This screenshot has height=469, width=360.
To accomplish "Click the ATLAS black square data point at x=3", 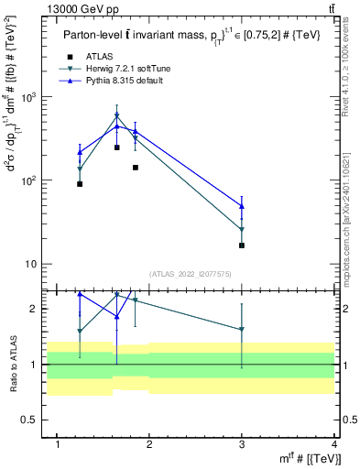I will [242, 245].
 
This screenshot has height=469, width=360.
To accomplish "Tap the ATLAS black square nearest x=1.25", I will [80, 184].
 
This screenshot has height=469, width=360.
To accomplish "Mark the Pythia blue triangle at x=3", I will [242, 206].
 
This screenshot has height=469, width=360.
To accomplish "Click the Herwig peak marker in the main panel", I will [116, 116].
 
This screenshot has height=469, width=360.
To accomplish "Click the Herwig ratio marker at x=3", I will [242, 329].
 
